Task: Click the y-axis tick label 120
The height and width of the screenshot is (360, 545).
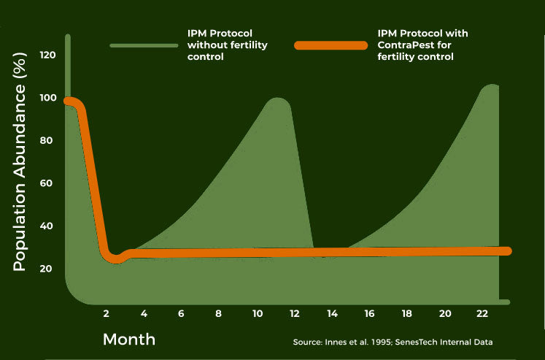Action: tap(48, 55)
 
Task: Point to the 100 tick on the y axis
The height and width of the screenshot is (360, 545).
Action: tap(48, 98)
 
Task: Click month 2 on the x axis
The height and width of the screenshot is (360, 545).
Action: tap(107, 314)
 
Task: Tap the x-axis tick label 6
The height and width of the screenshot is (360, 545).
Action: tap(181, 314)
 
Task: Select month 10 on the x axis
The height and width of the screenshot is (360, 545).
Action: tap(257, 314)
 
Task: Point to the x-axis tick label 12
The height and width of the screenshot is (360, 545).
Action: tap(295, 314)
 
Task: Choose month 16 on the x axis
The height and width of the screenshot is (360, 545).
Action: tap(370, 314)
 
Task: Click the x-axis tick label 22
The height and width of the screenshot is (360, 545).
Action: tap(482, 314)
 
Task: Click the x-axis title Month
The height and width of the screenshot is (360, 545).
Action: tap(129, 340)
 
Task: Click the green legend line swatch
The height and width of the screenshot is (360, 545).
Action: tap(144, 45)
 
